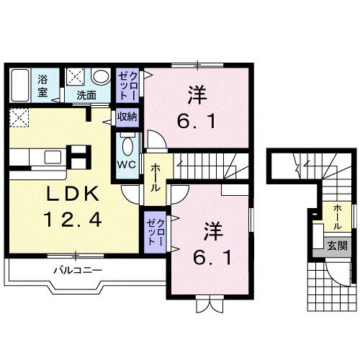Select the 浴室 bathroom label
click(42, 85)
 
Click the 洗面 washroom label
click(86, 94)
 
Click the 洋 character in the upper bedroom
click(195, 94)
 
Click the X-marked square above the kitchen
click(19, 117)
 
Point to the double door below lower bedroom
click(206, 303)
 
